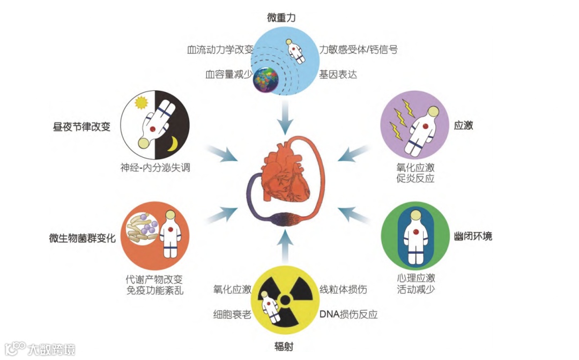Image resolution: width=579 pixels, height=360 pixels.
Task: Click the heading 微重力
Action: [x=281, y=18]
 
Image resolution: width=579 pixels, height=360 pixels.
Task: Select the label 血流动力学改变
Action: [x=220, y=50]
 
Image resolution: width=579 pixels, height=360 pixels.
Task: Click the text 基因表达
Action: [x=338, y=75]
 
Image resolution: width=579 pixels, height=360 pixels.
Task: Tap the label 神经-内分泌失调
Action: [x=155, y=167]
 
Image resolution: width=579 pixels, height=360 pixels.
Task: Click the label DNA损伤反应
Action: [x=348, y=314]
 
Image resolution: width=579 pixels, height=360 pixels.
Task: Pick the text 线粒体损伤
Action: [x=343, y=290]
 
